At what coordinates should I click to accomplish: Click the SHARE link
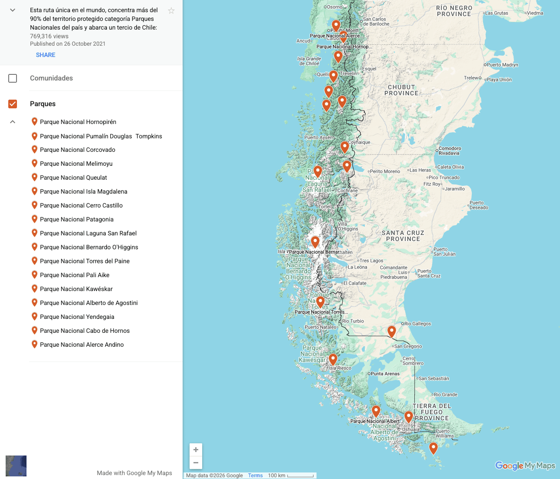click(x=46, y=55)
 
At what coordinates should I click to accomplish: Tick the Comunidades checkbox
click(x=13, y=78)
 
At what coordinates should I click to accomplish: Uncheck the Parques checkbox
click(x=13, y=104)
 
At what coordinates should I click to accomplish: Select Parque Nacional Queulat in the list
click(x=73, y=178)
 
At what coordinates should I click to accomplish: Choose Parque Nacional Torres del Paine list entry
click(x=84, y=261)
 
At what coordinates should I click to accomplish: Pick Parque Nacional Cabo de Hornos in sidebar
click(x=84, y=331)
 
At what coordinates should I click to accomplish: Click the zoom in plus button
click(x=196, y=450)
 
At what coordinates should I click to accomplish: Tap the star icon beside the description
click(x=171, y=11)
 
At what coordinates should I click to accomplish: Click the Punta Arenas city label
click(x=385, y=374)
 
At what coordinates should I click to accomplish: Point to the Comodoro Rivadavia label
click(x=450, y=151)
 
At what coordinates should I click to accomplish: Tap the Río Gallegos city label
click(x=417, y=324)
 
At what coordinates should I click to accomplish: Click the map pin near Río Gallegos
click(x=392, y=331)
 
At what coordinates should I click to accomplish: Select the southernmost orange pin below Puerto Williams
click(x=433, y=448)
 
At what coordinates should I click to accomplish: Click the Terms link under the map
click(x=255, y=476)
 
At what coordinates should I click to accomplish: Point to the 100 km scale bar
click(x=300, y=476)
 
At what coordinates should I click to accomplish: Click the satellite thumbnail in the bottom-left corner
click(x=16, y=466)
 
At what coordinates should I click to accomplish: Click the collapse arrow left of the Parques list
click(x=13, y=122)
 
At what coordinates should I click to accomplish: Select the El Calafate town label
click(x=355, y=283)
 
